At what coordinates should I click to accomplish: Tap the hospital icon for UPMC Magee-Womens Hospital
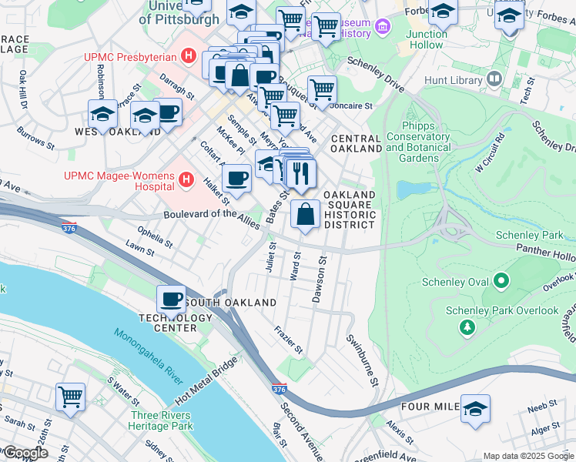(x=186, y=181)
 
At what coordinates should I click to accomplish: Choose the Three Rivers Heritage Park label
(x=160, y=420)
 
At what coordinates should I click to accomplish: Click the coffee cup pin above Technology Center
(x=171, y=299)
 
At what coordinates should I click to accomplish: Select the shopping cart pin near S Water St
(x=70, y=397)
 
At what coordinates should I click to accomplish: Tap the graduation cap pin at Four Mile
(x=475, y=408)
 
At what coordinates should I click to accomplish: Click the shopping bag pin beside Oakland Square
(x=305, y=214)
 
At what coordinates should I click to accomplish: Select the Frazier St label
(x=289, y=340)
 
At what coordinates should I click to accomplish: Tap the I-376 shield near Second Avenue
(x=276, y=390)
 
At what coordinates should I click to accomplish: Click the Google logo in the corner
(x=25, y=453)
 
